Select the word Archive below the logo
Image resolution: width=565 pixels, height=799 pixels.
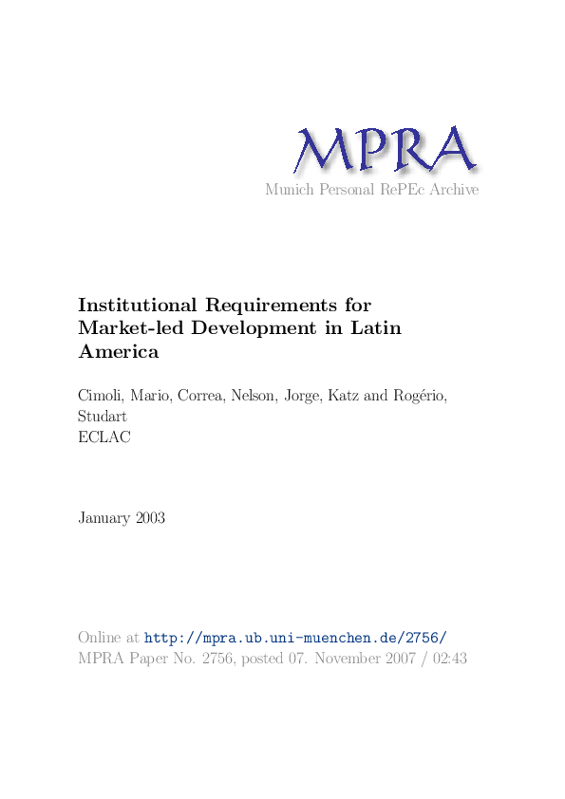click(x=453, y=190)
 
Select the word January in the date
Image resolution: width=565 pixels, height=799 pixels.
click(x=103, y=518)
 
